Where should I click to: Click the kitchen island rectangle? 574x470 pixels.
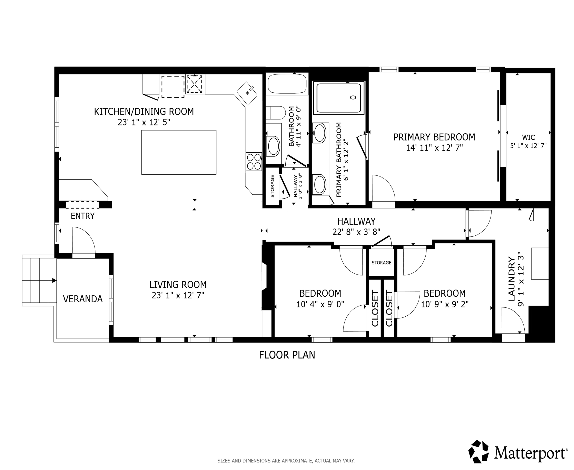(x=179, y=152)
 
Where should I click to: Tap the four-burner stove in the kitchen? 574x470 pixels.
(x=254, y=162)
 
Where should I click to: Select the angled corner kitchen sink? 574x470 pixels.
(x=247, y=93)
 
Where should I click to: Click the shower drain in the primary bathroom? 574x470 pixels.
(x=353, y=98)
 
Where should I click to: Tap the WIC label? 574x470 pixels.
(x=528, y=137)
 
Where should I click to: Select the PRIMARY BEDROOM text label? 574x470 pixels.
(x=434, y=137)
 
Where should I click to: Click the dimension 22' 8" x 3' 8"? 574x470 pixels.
(x=356, y=232)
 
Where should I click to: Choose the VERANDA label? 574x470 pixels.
(x=83, y=299)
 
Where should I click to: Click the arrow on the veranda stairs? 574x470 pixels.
(x=54, y=280)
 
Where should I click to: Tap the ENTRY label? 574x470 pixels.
(x=83, y=216)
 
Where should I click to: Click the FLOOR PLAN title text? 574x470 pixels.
(x=287, y=355)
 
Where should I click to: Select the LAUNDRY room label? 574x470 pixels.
(x=511, y=279)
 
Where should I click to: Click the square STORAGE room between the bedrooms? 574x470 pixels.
(x=381, y=263)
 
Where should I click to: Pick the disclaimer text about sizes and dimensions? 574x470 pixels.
(x=286, y=461)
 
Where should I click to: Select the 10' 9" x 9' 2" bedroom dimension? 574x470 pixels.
(x=445, y=304)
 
